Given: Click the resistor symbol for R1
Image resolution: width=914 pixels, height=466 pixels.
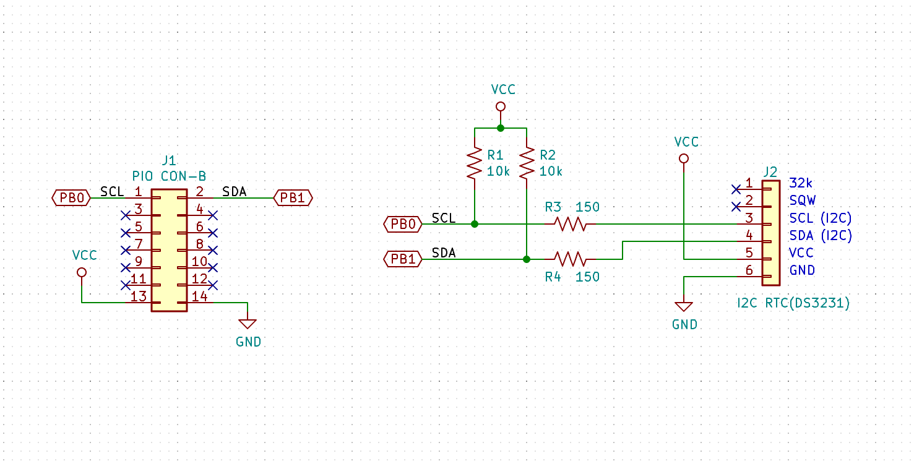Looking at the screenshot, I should [474, 162].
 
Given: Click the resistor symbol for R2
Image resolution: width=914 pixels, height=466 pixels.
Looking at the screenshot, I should [526, 162].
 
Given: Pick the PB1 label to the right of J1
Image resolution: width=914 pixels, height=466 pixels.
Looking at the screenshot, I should [293, 198].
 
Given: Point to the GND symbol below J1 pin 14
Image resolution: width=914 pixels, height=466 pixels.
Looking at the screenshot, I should [248, 324].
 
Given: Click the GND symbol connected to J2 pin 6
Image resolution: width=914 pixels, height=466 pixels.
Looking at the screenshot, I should [684, 306].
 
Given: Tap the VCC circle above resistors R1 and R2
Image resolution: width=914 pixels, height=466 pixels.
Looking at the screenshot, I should [501, 106].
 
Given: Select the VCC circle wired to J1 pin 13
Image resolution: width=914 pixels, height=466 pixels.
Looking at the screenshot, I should [82, 272].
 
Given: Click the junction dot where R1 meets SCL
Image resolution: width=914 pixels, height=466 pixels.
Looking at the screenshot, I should [474, 224].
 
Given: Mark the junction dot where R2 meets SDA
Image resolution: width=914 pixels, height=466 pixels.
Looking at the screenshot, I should [526, 259].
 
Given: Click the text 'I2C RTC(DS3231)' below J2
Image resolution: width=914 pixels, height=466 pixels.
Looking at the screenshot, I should [793, 303].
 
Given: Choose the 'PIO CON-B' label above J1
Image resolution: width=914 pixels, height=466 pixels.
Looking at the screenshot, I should [169, 175].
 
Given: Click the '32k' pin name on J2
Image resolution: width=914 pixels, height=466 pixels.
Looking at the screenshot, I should [801, 183].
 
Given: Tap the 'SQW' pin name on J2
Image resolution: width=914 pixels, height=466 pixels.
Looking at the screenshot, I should [803, 200].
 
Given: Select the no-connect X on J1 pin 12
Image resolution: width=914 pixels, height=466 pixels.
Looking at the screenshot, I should [213, 285].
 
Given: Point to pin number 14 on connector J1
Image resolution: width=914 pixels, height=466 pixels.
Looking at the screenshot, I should [200, 296].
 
